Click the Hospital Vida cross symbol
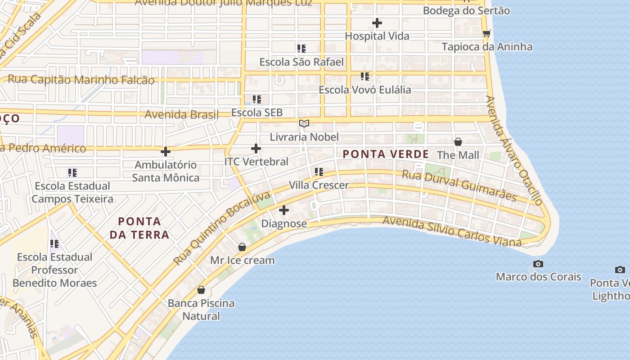point(377,22)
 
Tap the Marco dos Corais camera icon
point(538,264)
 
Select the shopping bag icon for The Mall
point(458,142)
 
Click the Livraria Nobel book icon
point(304,123)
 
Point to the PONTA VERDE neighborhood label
point(386,154)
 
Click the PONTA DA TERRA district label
point(139,228)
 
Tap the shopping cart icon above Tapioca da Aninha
point(486,33)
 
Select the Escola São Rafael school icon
point(301,48)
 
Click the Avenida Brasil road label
point(181,114)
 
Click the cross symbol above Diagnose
point(284,210)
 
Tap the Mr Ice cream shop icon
point(242,247)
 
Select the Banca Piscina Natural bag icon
point(201,290)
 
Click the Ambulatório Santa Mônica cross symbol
point(166,152)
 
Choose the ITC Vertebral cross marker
point(256,148)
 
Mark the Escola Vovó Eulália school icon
point(364,76)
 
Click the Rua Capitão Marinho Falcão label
point(81,80)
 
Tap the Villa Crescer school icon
point(319,171)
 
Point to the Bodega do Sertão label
point(466,10)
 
